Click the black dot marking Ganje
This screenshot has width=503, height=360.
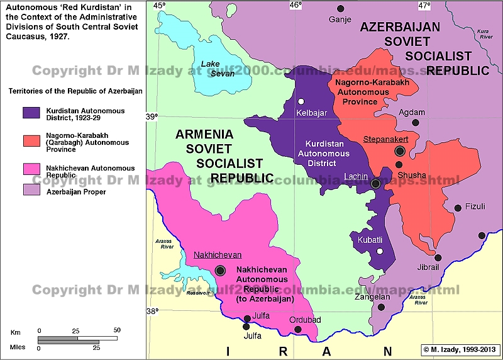point(341,9)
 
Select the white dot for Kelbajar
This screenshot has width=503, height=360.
point(301,101)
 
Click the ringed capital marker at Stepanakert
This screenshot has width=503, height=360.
point(399,151)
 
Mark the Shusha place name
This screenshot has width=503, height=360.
point(412,175)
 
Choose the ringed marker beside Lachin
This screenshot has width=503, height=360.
point(375,184)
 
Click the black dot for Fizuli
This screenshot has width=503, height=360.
point(458,208)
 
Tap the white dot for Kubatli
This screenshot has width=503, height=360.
point(380,251)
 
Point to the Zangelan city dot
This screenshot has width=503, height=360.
point(381,307)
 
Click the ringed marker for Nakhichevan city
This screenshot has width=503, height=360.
point(220,270)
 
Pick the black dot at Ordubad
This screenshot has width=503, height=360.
point(298,329)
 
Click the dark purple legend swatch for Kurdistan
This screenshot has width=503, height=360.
point(31,113)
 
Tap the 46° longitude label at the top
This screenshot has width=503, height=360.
point(295,6)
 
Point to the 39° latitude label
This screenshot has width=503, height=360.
point(153,116)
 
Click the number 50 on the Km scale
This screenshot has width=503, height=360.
point(117,330)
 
